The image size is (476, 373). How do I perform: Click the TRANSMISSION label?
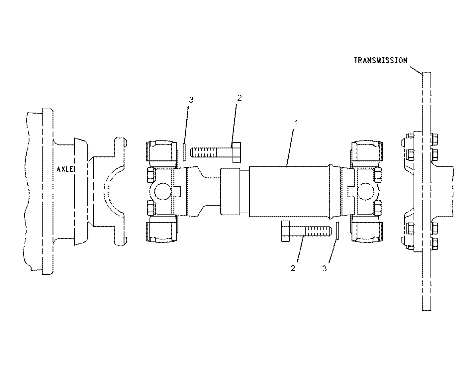coord(380,60)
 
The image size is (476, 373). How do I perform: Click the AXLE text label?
coord(65,169)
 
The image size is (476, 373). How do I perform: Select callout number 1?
coord(297,123)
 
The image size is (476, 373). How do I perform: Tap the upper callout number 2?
coord(239,98)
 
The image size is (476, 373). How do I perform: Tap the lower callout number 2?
coord(293,268)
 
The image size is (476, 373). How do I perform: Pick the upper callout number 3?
coord(191,99)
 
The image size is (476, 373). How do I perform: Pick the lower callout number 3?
coord(325,268)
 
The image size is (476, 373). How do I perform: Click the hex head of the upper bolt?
coord(236,152)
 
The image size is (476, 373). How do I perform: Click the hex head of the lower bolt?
coord(286,231)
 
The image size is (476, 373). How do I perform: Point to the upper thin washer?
coord(184,152)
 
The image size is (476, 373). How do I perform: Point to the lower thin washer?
coord(337,230)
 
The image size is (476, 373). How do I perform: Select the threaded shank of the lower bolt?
coord(317,231)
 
